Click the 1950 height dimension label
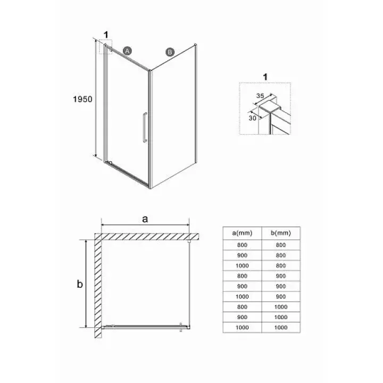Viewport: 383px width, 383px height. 82,99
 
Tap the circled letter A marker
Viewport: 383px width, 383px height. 127,51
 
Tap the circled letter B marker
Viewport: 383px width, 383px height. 170,52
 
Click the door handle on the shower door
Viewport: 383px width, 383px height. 145,127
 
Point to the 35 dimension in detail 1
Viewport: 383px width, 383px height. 260,96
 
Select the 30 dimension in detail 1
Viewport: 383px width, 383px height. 252,118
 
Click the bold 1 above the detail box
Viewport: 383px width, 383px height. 265,77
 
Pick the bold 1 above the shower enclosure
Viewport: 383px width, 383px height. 106,35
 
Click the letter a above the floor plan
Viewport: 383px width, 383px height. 145,219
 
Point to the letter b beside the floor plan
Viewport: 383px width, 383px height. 80,284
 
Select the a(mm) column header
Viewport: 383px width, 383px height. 242,233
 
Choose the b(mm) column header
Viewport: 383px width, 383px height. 281,233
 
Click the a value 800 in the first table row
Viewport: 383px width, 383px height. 243,245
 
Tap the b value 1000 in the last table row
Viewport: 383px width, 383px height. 281,328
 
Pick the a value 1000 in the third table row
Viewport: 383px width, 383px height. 242,266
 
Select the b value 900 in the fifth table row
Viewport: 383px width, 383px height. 281,286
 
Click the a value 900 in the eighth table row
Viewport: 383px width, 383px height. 243,317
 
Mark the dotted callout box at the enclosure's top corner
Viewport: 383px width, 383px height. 106,47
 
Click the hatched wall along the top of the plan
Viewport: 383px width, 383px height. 147,237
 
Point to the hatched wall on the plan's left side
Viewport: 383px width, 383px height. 98,286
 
